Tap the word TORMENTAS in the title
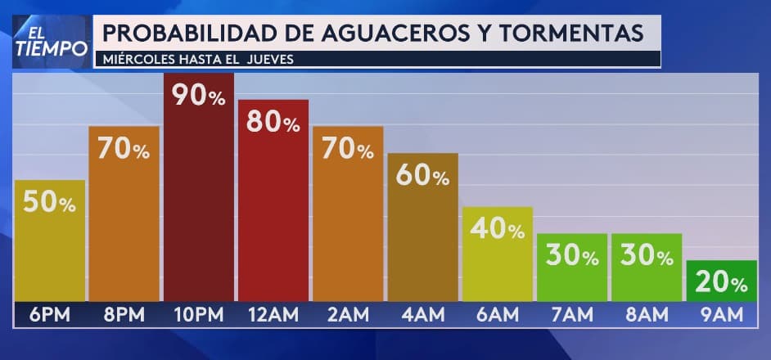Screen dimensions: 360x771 570,33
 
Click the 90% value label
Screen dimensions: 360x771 198,96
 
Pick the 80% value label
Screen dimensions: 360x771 273,122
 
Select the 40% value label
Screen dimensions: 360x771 497,229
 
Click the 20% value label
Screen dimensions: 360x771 720,283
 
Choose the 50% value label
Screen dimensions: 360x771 49,202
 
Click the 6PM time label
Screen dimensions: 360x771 49,313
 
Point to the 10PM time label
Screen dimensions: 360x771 198,313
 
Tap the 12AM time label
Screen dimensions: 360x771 273,313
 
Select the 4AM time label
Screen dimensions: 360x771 422,313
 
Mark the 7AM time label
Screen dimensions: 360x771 571,313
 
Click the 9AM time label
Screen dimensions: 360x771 720,313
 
